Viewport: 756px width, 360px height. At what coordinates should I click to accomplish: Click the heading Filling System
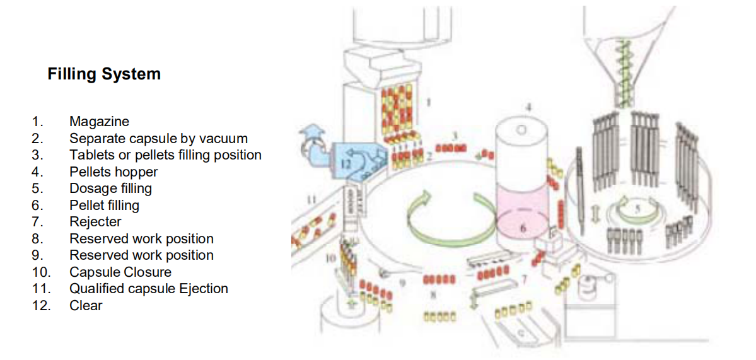coord(104,74)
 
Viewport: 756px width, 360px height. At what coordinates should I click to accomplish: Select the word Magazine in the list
coord(99,122)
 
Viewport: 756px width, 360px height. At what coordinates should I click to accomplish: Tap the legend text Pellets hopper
coord(113,171)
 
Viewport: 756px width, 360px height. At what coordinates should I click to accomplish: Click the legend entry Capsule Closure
coord(120,272)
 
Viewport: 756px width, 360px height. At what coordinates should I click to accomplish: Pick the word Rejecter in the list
coord(95,222)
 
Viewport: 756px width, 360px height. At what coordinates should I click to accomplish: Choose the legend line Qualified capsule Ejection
coord(149,289)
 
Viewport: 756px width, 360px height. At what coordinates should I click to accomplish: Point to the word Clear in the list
coord(86,306)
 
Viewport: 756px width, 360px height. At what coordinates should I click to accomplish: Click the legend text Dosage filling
coord(110,189)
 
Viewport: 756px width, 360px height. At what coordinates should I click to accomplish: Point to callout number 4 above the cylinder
coord(528,108)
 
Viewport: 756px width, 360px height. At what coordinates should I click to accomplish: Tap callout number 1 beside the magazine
coord(429,101)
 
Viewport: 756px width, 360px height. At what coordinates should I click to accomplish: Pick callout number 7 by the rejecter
coord(523,278)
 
